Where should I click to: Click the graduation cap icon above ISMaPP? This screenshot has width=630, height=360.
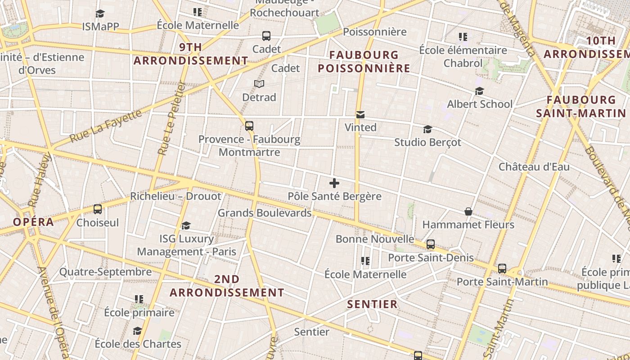pyautogui.click(x=100, y=14)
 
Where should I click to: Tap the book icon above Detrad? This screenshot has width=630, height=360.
pyautogui.click(x=259, y=84)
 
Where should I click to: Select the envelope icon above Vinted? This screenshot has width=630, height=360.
pyautogui.click(x=360, y=115)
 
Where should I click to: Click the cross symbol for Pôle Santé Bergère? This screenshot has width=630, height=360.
pyautogui.click(x=334, y=183)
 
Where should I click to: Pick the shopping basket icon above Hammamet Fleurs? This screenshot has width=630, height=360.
pyautogui.click(x=468, y=211)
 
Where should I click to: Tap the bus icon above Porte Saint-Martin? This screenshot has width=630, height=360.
pyautogui.click(x=502, y=269)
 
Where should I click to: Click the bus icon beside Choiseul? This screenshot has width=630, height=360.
pyautogui.click(x=98, y=209)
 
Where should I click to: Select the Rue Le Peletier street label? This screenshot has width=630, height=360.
pyautogui.click(x=171, y=118)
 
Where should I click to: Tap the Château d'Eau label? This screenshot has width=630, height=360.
pyautogui.click(x=534, y=167)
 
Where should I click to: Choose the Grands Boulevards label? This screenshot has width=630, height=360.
pyautogui.click(x=265, y=213)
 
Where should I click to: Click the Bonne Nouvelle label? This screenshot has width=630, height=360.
pyautogui.click(x=375, y=239)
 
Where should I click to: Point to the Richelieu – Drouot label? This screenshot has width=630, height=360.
pyautogui.click(x=175, y=196)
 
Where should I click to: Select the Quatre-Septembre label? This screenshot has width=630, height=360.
pyautogui.click(x=105, y=272)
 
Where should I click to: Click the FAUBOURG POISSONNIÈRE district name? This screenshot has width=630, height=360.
pyautogui.click(x=364, y=62)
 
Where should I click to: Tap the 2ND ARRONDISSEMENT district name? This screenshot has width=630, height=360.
pyautogui.click(x=227, y=286)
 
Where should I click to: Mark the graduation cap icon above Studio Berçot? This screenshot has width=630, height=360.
pyautogui.click(x=427, y=130)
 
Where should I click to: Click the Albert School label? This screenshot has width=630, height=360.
pyautogui.click(x=480, y=104)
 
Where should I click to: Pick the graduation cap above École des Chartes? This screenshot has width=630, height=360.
pyautogui.click(x=137, y=331)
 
